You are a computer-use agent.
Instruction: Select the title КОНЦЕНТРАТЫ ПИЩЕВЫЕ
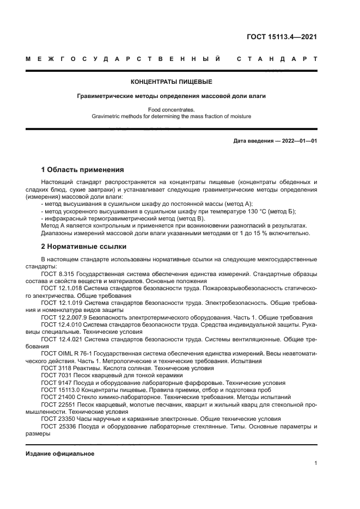point(171,82)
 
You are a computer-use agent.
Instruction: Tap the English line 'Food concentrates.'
point(172,110)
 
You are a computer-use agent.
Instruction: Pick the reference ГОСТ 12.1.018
point(61,289)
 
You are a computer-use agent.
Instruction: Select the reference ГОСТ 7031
point(55,376)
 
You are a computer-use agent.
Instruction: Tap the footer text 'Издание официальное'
point(60,453)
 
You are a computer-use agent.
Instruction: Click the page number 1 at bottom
point(315,463)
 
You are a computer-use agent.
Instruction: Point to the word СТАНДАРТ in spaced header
point(277,59)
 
